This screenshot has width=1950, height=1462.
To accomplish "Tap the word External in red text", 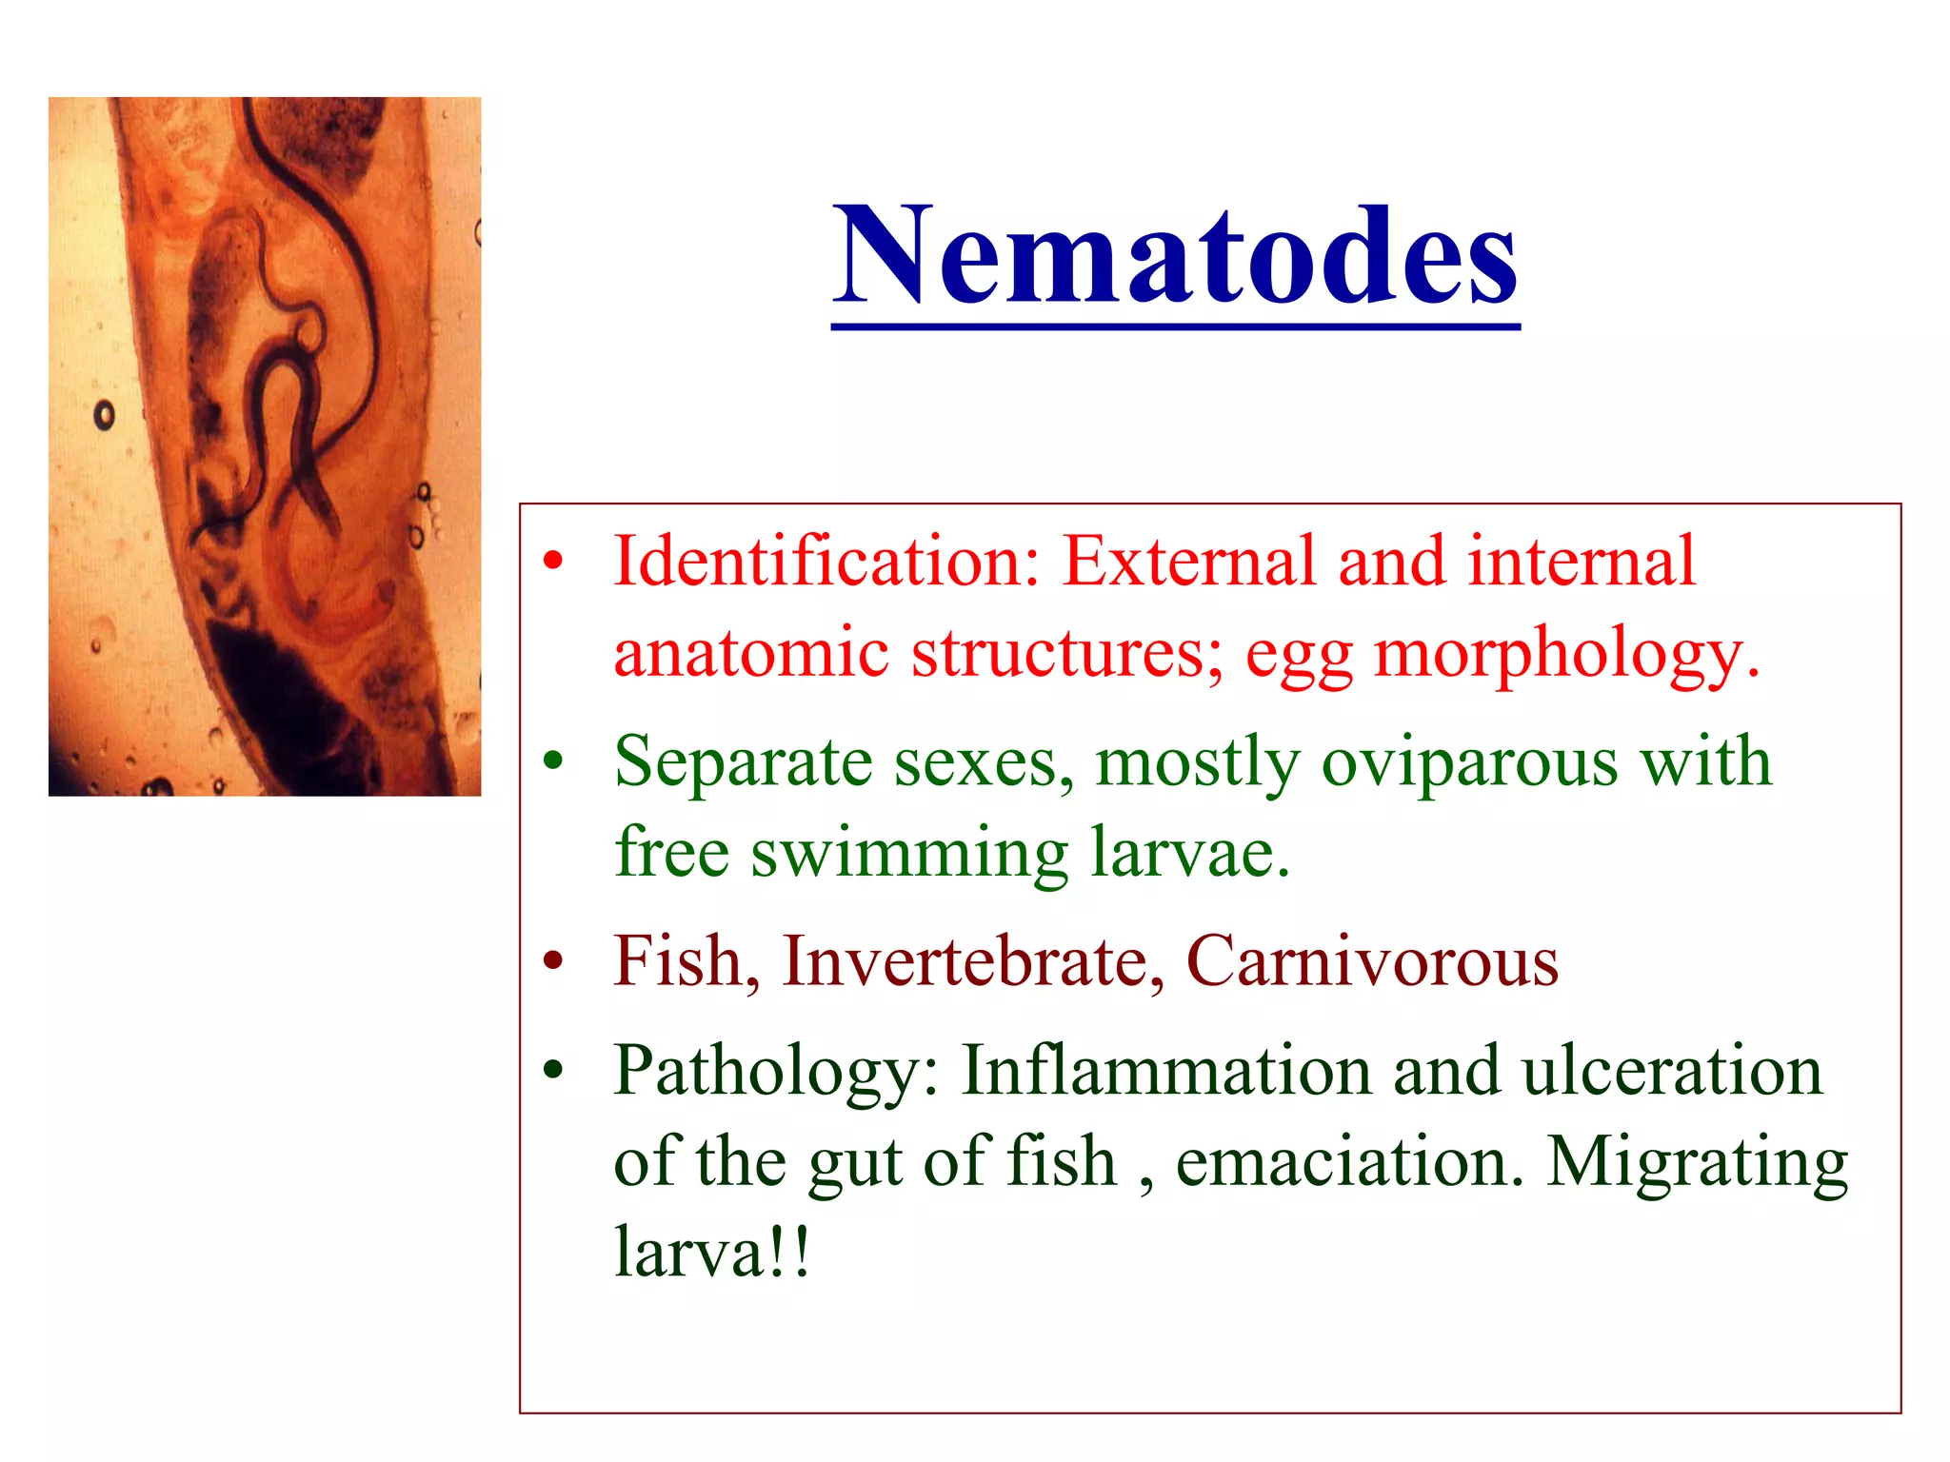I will coord(1188,562).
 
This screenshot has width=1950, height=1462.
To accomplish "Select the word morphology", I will coord(1566,655).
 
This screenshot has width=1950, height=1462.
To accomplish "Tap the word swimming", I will coord(909,853).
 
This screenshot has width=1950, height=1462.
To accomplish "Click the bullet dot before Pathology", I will coord(553,1071).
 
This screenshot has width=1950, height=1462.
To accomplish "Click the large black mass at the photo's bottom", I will coord(286,704).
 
